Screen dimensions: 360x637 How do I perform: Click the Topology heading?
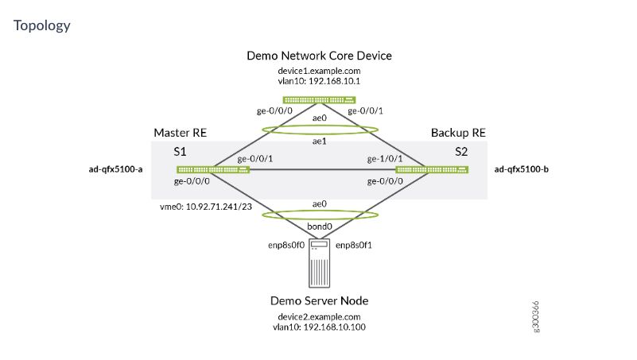pyautogui.click(x=42, y=25)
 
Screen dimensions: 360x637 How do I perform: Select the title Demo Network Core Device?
pyautogui.click(x=320, y=56)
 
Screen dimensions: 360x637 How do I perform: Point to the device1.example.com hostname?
pyautogui.click(x=320, y=71)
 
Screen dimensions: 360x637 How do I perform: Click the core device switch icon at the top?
pyautogui.click(x=320, y=99)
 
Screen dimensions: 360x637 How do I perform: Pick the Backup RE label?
pyautogui.click(x=458, y=132)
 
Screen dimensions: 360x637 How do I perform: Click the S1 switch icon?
pyautogui.click(x=212, y=169)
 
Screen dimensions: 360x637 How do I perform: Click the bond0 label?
pyautogui.click(x=320, y=226)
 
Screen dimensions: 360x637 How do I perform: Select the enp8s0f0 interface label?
pyautogui.click(x=283, y=246)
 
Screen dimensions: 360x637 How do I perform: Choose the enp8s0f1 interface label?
pyautogui.click(x=355, y=246)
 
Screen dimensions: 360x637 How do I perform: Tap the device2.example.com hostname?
pyautogui.click(x=320, y=316)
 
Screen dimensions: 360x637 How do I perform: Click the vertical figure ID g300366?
pyautogui.click(x=536, y=316)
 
